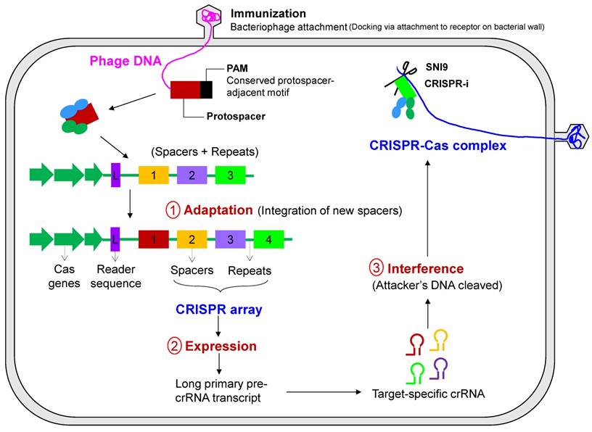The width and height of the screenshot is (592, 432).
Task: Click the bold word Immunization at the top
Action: [x=268, y=13]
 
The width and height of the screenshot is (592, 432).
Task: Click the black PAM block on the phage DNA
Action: [x=206, y=90]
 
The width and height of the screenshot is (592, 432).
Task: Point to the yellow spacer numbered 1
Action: [x=154, y=174]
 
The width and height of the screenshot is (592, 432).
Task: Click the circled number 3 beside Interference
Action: [x=376, y=267]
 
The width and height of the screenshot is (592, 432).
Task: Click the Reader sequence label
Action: [x=118, y=276]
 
